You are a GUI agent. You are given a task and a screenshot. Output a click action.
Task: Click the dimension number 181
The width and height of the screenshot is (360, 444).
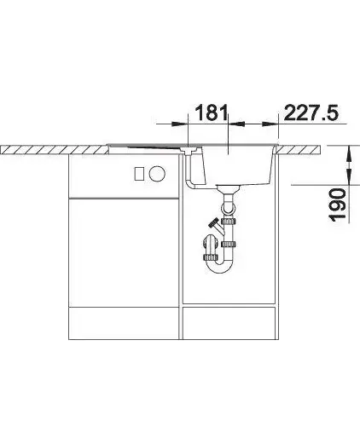[212, 112]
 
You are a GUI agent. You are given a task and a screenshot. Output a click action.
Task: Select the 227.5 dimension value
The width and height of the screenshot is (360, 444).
[311, 112]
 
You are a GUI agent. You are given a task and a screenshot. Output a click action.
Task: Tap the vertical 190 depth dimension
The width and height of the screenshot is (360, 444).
[338, 205]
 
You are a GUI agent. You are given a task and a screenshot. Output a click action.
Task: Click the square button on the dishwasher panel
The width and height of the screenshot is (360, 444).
[139, 173]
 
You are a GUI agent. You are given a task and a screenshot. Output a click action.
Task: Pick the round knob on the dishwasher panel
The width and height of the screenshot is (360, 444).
[157, 173]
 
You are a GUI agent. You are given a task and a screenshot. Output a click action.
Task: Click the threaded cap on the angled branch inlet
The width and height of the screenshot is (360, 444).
[213, 223]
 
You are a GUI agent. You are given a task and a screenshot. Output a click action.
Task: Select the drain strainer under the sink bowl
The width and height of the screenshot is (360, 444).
[228, 188]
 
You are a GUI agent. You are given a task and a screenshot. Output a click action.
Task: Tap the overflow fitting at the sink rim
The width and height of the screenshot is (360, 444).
[189, 150]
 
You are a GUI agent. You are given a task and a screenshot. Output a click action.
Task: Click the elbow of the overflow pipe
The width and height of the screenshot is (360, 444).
[189, 185]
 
